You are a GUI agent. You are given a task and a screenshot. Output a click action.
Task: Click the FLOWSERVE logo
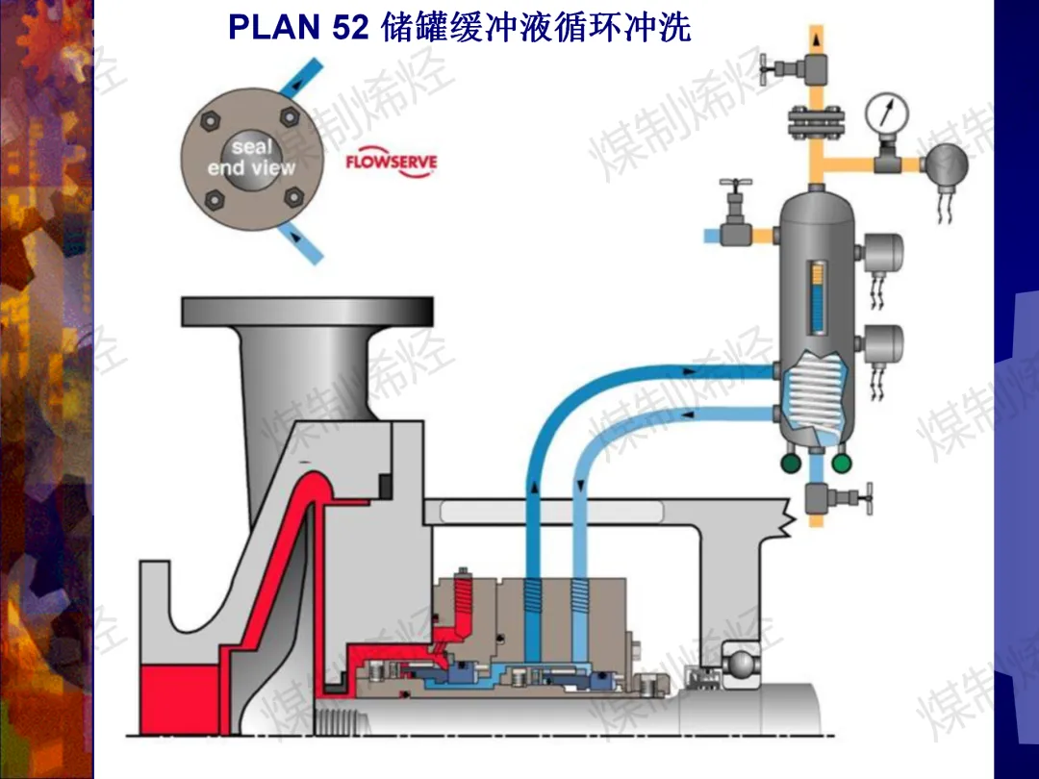[x=391, y=163]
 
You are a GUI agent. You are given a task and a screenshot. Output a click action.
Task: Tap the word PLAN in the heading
[x=271, y=27]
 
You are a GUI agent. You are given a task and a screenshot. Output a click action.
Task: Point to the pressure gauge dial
[x=887, y=113]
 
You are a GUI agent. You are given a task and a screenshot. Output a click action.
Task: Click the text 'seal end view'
[x=252, y=158]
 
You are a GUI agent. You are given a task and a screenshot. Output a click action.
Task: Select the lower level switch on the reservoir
[x=880, y=344]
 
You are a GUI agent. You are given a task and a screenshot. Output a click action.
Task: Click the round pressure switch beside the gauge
[x=946, y=165]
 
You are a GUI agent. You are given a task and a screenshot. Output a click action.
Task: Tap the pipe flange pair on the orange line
[x=816, y=120]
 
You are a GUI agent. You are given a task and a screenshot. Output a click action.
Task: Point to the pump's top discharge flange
[x=308, y=312]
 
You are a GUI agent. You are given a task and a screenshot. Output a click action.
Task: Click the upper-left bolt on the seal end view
[x=210, y=121]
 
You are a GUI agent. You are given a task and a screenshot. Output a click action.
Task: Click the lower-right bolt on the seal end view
[x=293, y=197]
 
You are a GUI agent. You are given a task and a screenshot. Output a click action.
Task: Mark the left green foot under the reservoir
[x=791, y=463]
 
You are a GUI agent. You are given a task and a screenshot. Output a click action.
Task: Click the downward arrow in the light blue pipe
[x=581, y=488]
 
